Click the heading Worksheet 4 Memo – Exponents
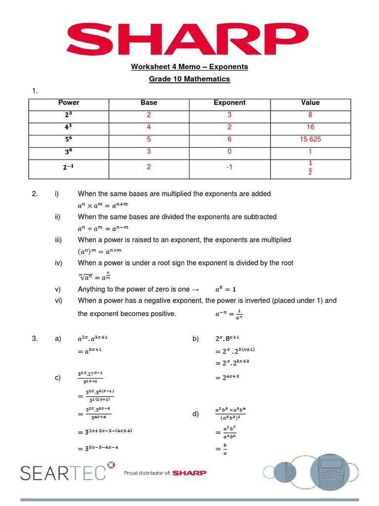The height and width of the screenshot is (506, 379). tap(189, 67)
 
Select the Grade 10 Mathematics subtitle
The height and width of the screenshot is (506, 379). tap(189, 79)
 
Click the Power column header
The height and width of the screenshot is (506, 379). tap(69, 103)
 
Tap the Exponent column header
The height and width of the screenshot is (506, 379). tap(229, 103)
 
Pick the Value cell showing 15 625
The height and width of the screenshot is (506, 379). tap(310, 139)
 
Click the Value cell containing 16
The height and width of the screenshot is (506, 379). tap(310, 127)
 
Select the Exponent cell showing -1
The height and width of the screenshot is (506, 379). tap(229, 168)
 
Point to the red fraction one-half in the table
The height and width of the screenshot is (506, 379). tap(310, 168)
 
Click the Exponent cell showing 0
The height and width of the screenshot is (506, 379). tap(229, 152)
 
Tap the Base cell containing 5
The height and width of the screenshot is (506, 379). tap(149, 139)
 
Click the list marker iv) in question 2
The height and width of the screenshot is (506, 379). tap(58, 263)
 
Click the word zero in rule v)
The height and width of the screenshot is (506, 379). tap(161, 289)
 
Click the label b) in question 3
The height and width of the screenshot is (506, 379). tap(195, 338)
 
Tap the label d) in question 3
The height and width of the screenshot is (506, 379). tap(195, 414)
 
